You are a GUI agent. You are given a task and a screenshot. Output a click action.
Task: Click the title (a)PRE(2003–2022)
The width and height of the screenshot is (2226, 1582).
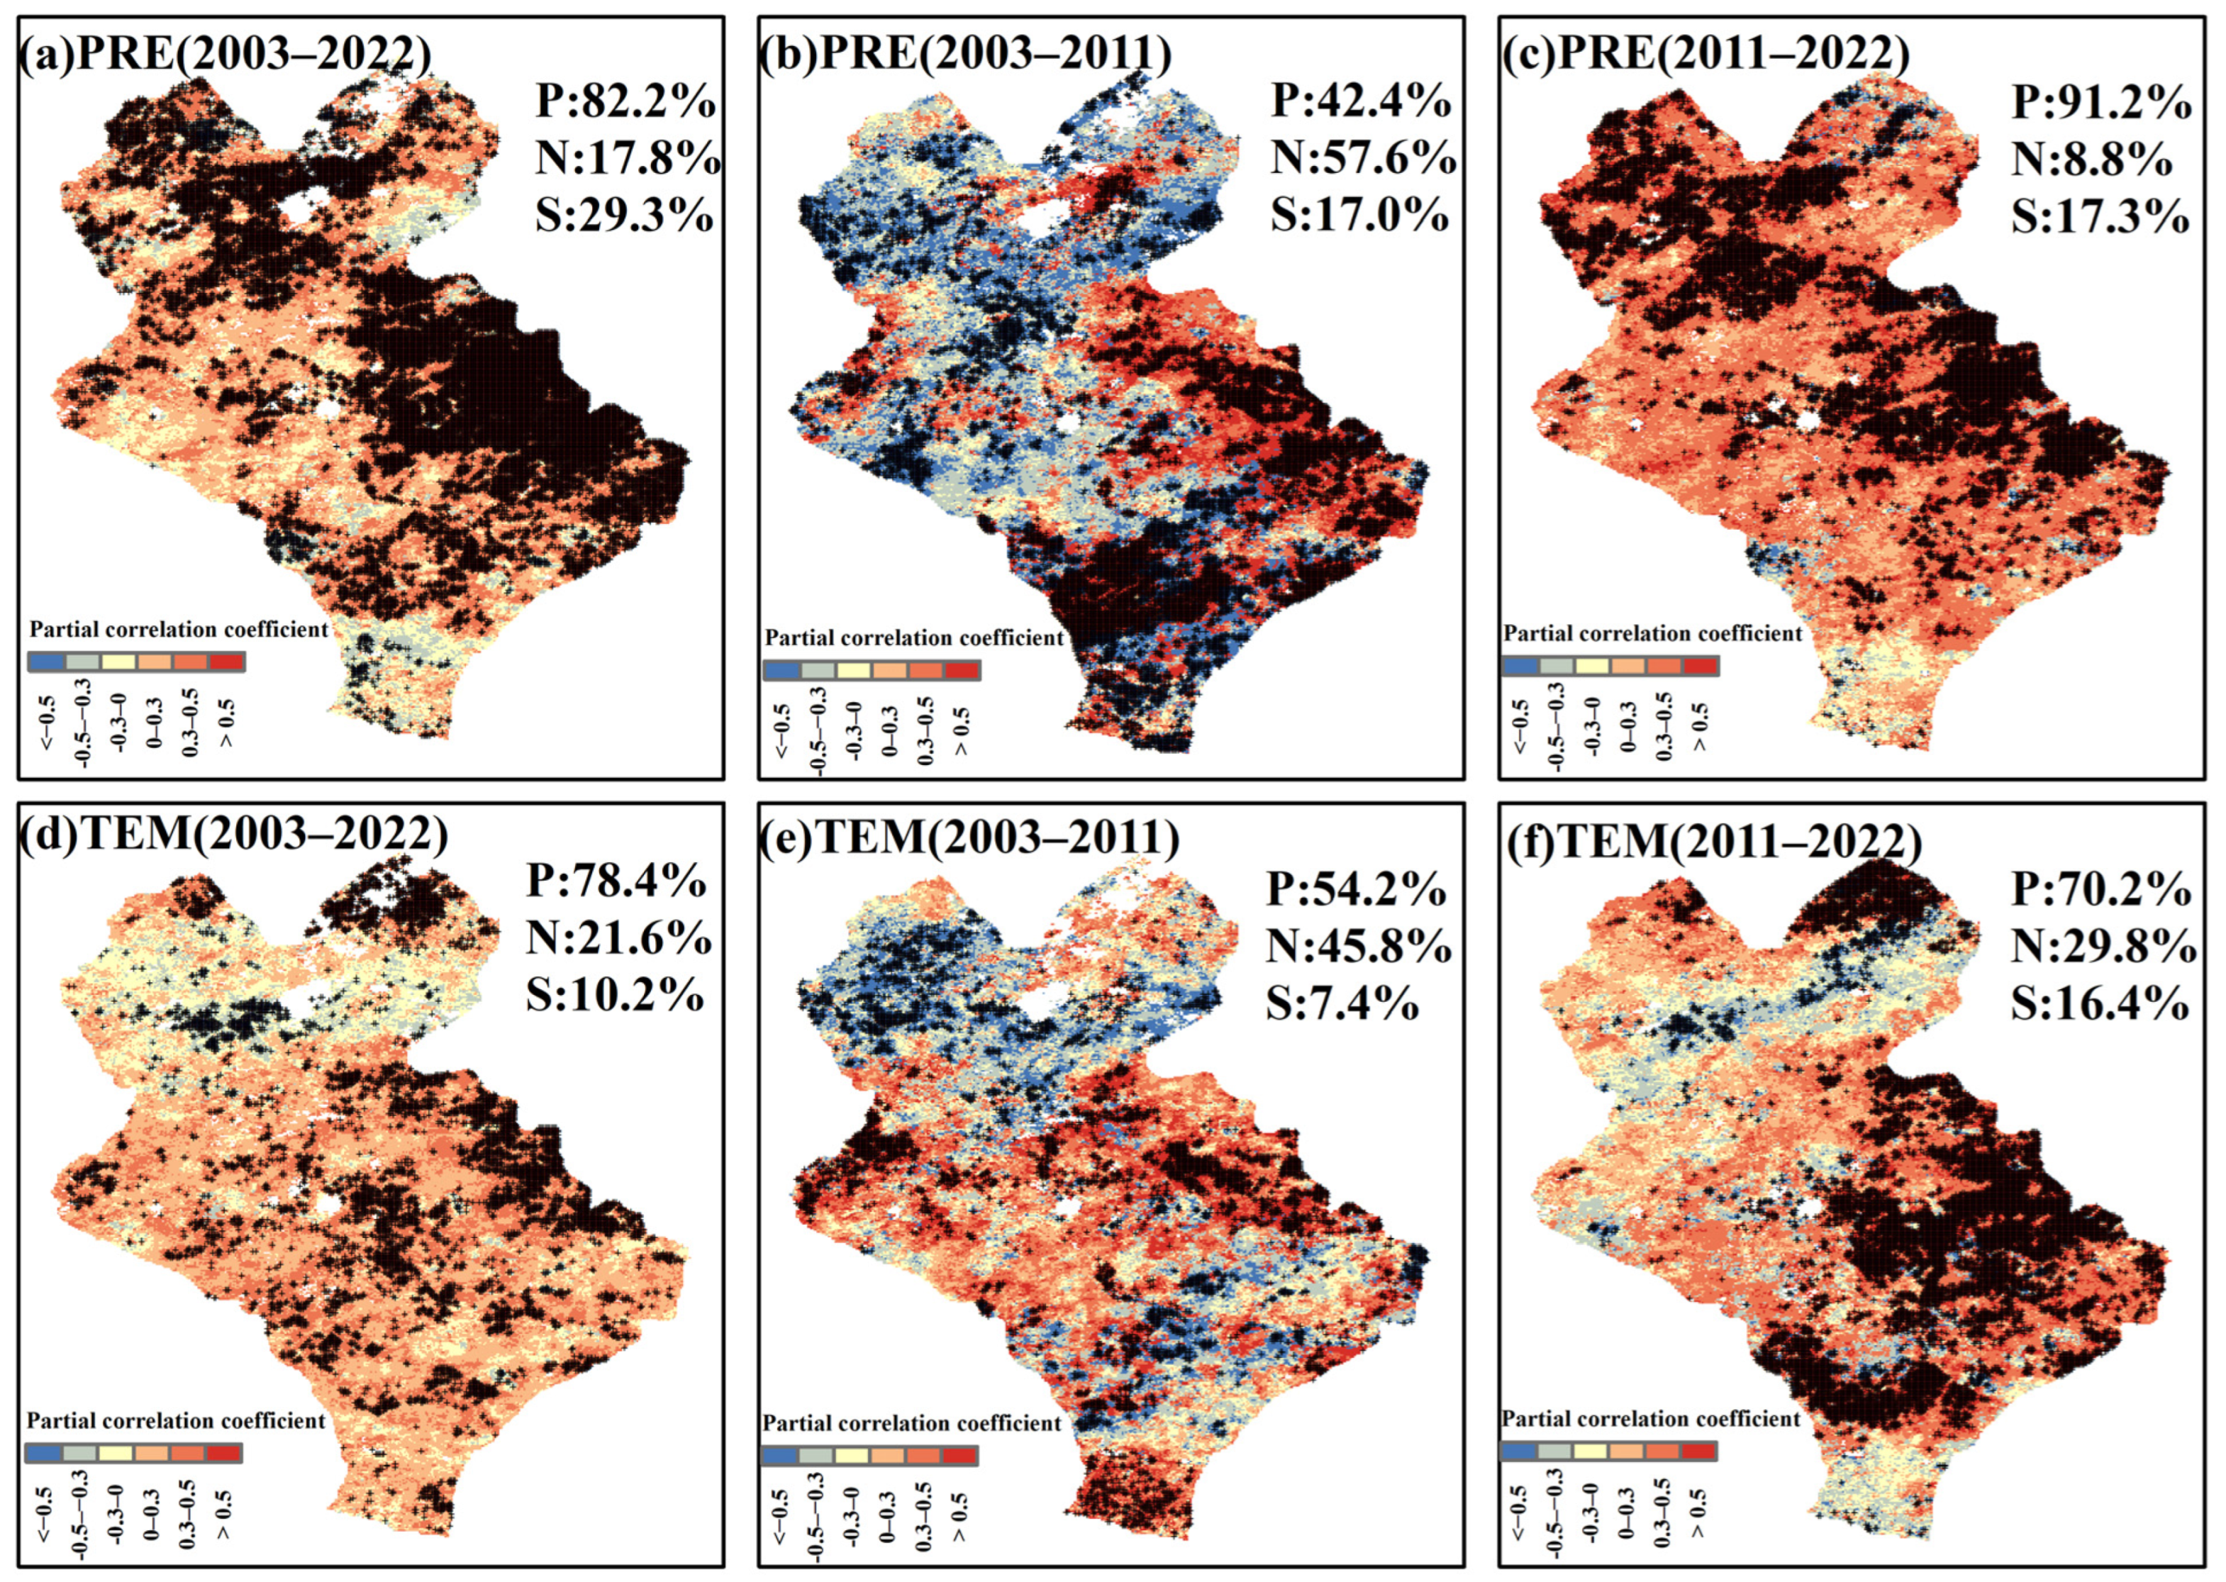(224, 57)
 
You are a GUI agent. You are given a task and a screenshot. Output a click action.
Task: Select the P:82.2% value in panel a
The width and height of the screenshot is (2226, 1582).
(625, 101)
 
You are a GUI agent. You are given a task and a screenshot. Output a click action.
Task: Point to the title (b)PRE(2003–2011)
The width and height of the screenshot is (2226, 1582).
(964, 57)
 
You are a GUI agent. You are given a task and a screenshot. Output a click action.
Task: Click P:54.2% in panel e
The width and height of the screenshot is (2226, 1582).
(1357, 889)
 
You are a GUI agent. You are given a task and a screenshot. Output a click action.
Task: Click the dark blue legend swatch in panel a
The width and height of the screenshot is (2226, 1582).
(48, 662)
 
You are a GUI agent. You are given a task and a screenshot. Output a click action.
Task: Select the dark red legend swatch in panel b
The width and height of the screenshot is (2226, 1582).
(962, 670)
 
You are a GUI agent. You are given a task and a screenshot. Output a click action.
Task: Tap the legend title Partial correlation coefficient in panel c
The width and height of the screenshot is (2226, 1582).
(1652, 633)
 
